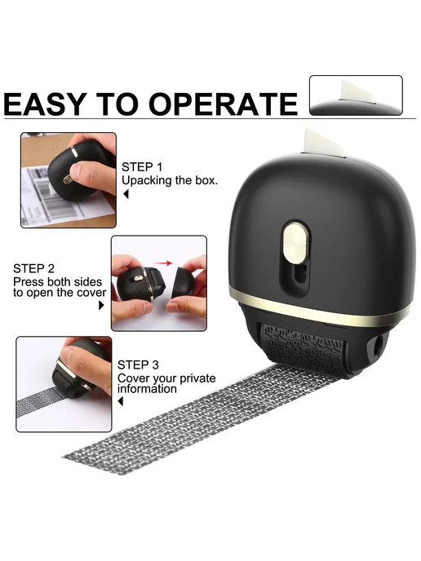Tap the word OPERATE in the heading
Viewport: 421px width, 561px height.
[223, 104]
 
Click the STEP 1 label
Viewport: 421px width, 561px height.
[142, 167]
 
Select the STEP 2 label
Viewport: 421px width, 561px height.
[33, 268]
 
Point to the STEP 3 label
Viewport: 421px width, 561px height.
[138, 365]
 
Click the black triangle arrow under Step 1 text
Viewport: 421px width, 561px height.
[126, 194]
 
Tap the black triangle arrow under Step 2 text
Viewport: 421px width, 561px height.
[101, 305]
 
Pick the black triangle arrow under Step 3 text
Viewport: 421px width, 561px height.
[121, 401]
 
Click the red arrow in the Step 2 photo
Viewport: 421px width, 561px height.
[164, 263]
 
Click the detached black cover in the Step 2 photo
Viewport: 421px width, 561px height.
[188, 279]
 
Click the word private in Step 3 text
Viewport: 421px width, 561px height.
[197, 378]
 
